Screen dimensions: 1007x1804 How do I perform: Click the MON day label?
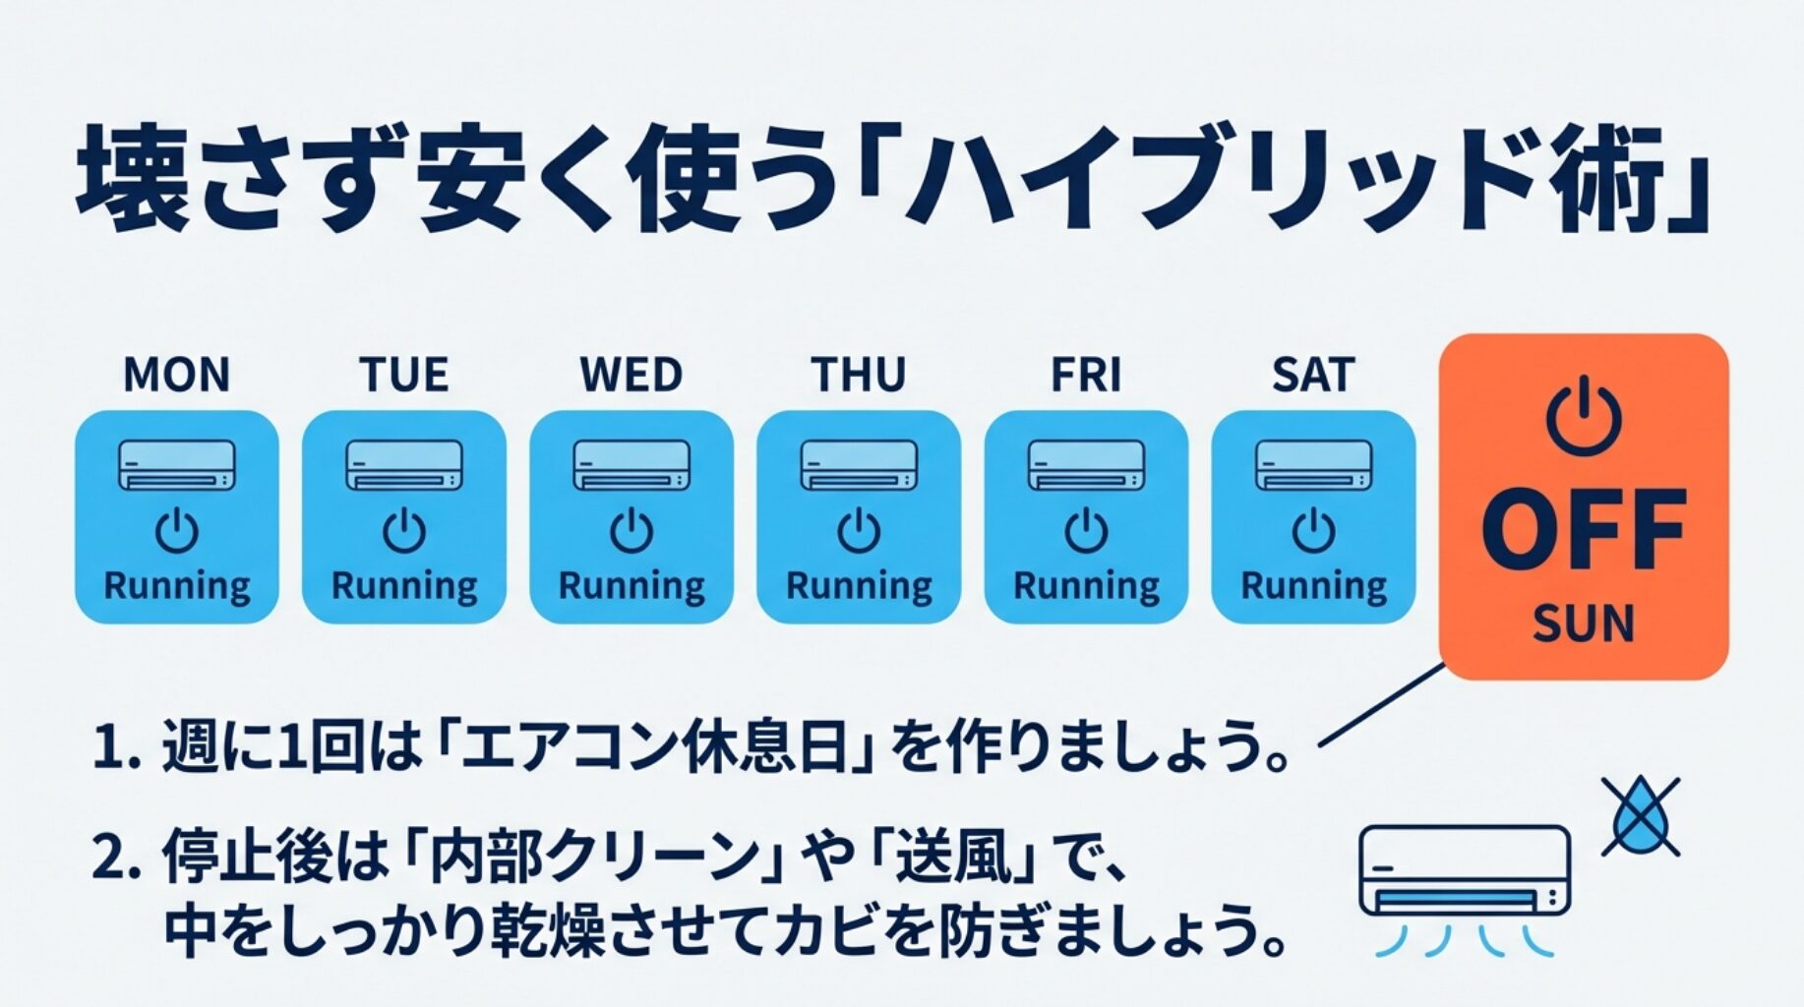[x=177, y=376]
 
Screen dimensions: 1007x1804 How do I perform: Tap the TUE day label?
[x=404, y=376]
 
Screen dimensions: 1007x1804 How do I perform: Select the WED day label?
[x=631, y=376]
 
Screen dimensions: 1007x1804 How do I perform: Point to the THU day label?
[x=859, y=376]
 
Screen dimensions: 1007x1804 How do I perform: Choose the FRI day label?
[x=1086, y=376]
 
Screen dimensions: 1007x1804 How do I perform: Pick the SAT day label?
[x=1313, y=376]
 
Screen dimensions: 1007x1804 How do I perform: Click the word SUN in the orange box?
[x=1584, y=623]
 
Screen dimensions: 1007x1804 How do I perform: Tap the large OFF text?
[x=1584, y=532]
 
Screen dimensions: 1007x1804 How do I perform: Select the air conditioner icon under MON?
[x=177, y=465]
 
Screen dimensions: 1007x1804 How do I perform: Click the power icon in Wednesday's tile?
[x=631, y=532]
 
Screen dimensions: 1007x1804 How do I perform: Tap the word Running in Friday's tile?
[x=1086, y=587]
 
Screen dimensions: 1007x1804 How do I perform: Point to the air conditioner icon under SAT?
[x=1313, y=465]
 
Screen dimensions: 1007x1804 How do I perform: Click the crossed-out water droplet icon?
[x=1640, y=817]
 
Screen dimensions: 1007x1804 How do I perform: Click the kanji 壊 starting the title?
[x=132, y=179]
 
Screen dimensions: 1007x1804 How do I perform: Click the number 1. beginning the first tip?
[x=119, y=748]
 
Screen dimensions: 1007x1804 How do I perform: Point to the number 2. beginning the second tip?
[x=119, y=858]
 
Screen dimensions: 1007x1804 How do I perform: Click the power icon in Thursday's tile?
[x=859, y=532]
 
